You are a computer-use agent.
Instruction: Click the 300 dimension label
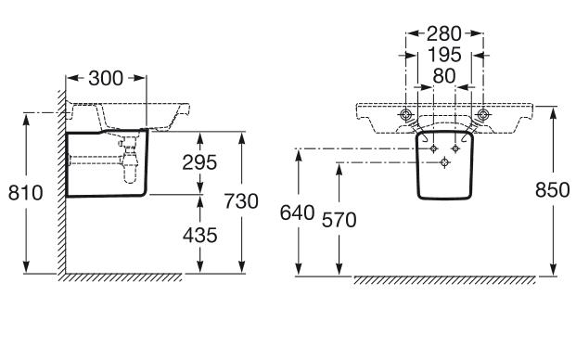click(106, 78)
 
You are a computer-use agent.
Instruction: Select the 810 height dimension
click(25, 192)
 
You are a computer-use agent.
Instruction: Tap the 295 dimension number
click(199, 162)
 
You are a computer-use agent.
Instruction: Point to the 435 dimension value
click(199, 235)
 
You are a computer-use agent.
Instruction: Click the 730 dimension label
click(241, 201)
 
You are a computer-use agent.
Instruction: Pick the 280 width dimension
click(443, 33)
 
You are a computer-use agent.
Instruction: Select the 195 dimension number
click(444, 55)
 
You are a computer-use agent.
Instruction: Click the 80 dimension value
click(444, 76)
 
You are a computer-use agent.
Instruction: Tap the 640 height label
click(297, 212)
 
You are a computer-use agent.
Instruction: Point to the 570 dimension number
click(339, 220)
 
